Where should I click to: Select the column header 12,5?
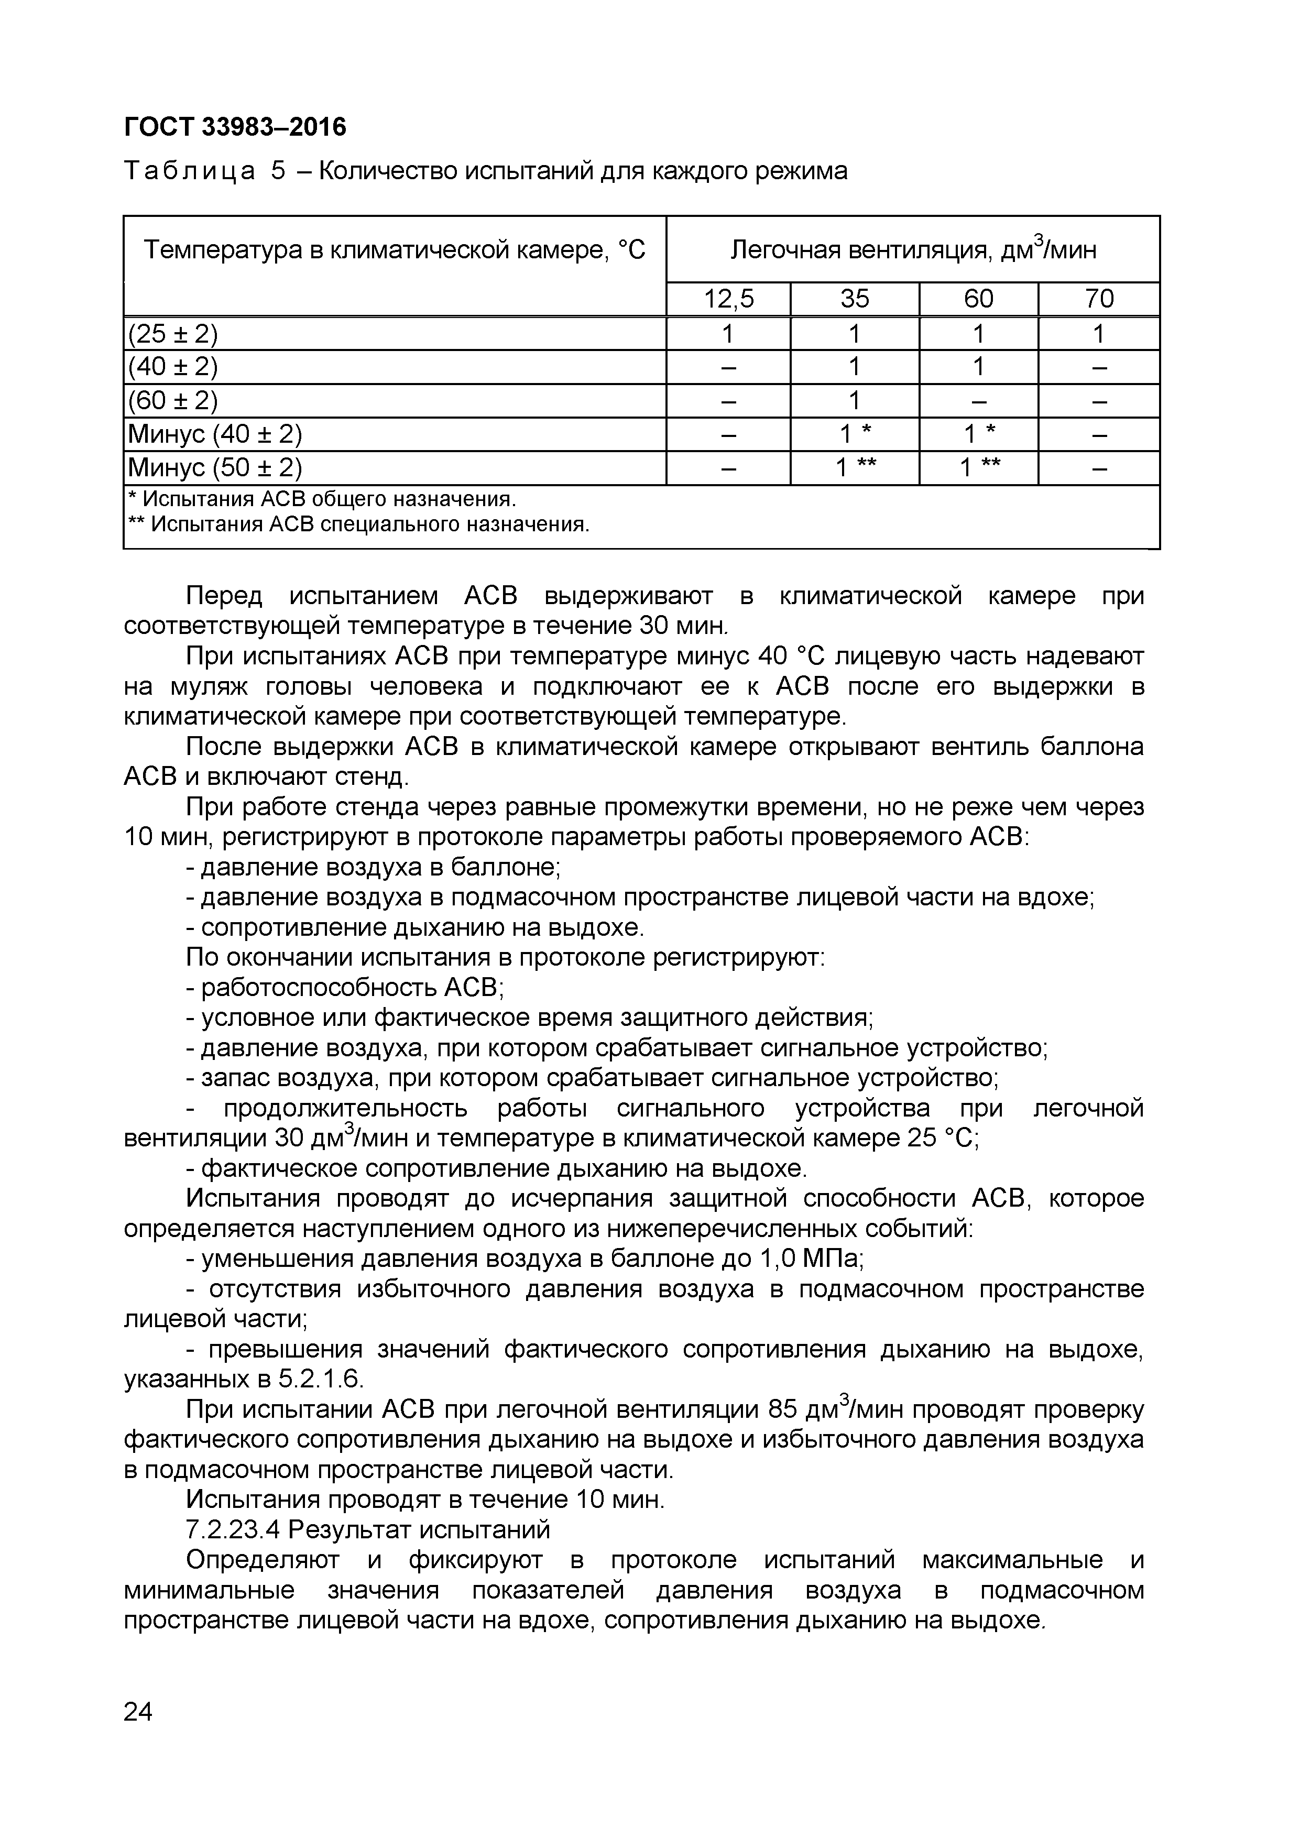tap(728, 299)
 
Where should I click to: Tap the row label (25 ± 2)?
tap(173, 334)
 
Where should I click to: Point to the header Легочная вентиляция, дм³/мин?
tap(913, 250)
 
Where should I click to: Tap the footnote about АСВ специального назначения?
tap(358, 524)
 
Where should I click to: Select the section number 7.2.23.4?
tap(233, 1530)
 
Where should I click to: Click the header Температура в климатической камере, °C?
tap(394, 250)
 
